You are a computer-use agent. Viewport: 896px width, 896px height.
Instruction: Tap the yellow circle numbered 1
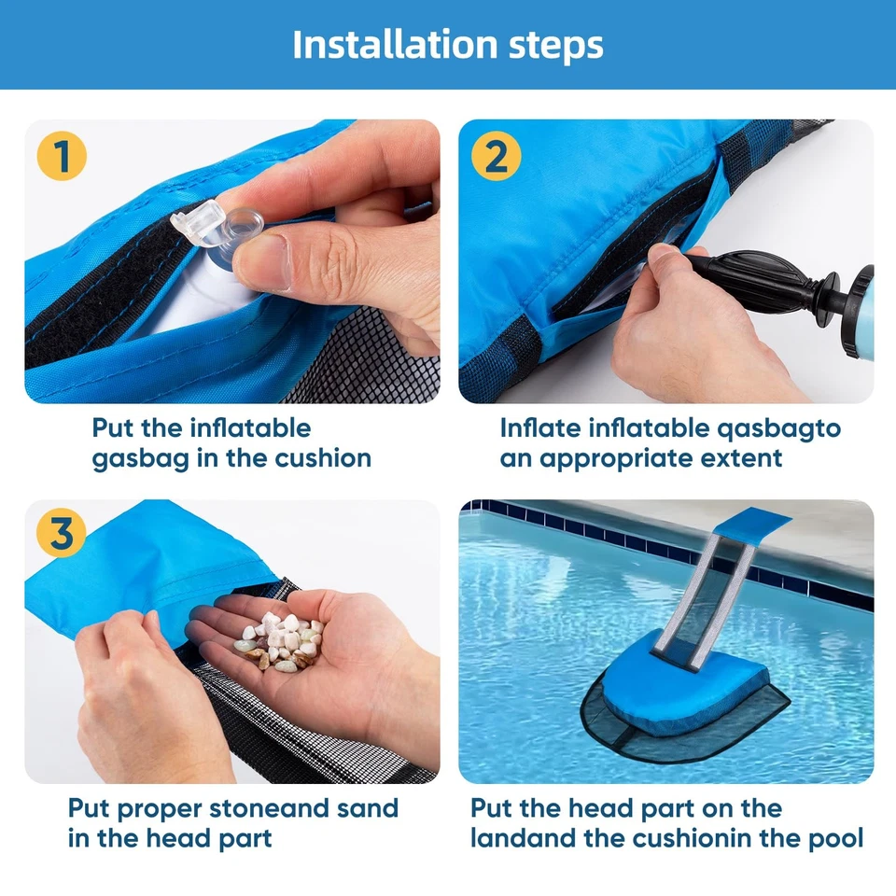(x=62, y=156)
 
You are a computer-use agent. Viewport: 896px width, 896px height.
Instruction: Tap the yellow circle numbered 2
(x=496, y=156)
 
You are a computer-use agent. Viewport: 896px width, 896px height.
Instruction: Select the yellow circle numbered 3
(x=62, y=536)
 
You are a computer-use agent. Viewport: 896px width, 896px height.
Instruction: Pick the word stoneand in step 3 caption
(x=279, y=807)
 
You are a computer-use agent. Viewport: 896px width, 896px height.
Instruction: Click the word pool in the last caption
(x=832, y=837)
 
